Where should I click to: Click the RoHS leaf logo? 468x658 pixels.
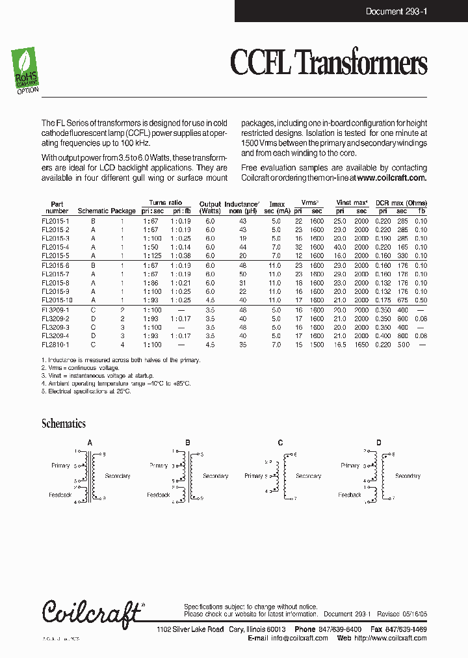27,71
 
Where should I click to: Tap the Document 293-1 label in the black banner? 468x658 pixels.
396,11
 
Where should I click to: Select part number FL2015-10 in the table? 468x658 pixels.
57,300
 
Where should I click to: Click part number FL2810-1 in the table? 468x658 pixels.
55,345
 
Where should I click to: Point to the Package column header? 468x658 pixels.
123,211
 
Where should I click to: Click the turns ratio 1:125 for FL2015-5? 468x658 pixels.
153,256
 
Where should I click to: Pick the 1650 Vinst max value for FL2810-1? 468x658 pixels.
361,345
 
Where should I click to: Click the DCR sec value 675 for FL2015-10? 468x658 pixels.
402,300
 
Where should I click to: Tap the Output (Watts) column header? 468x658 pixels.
210,207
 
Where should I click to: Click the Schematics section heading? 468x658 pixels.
64,424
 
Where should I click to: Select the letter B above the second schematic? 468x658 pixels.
188,443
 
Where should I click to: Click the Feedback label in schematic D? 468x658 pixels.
350,495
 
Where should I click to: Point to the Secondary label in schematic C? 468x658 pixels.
309,476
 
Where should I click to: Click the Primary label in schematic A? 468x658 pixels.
60,466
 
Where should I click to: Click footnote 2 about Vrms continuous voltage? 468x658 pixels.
81,368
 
